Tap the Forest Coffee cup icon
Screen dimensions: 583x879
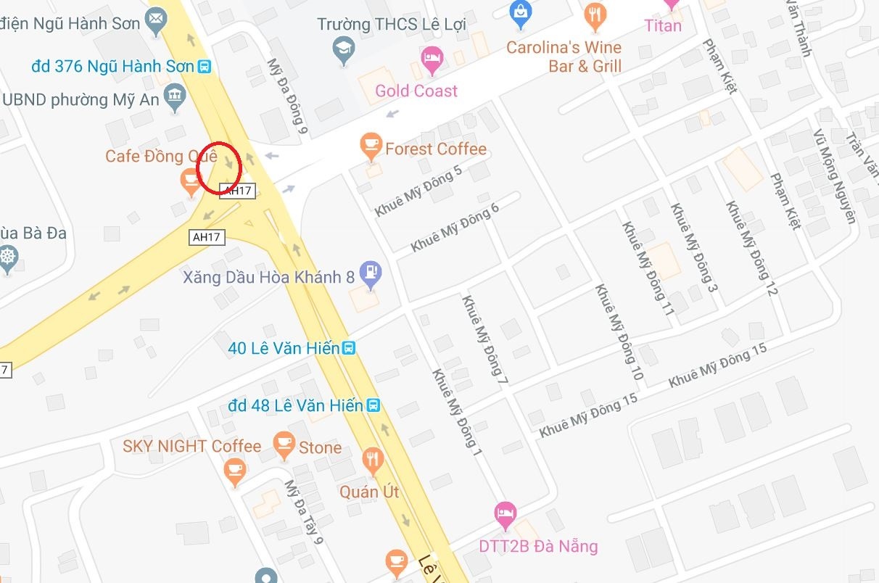point(371,146)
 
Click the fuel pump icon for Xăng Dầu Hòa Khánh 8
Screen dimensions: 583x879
point(371,273)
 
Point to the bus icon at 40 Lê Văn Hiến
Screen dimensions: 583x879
point(349,348)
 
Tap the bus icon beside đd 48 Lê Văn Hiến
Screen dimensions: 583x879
point(374,405)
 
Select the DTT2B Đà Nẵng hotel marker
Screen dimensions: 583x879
point(505,514)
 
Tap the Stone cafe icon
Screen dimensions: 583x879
point(284,444)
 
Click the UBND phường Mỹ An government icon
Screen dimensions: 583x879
point(175,96)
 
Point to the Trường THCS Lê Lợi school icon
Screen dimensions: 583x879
point(343,49)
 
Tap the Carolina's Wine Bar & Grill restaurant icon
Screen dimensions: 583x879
point(595,15)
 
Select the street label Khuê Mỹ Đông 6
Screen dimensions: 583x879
point(455,227)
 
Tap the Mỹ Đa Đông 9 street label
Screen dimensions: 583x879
point(284,96)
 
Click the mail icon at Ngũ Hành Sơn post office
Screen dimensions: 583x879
point(154,23)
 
